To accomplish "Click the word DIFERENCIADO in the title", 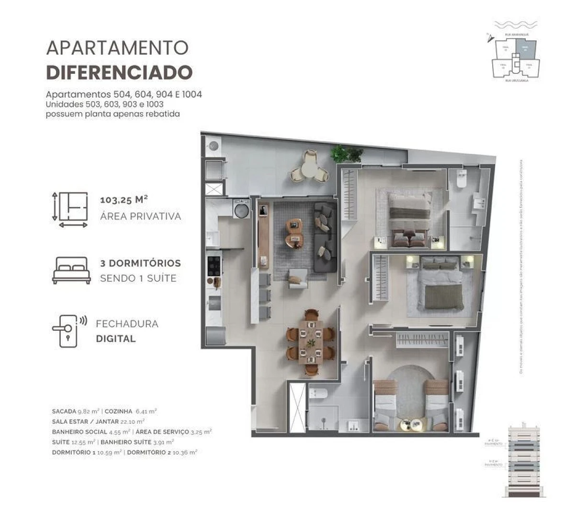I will [x=119, y=72].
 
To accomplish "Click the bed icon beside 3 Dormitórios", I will [x=71, y=270].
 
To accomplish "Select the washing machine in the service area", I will [x=241, y=209].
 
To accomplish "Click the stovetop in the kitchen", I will [x=214, y=266].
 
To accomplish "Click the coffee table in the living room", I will [x=294, y=233].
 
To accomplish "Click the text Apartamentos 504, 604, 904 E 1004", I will [x=124, y=94].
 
